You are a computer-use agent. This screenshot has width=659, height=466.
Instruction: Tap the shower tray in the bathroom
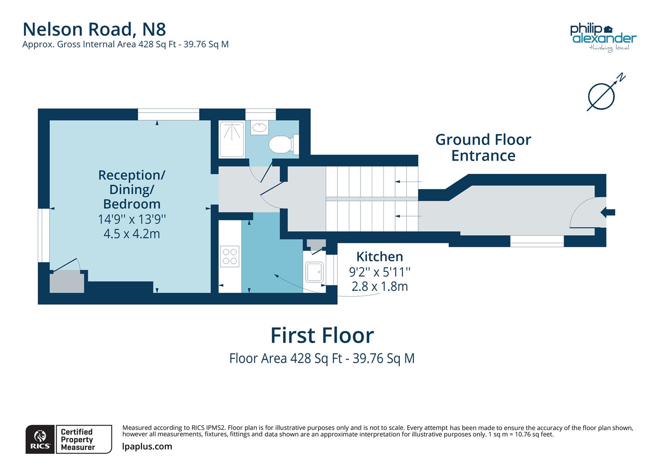pyautogui.click(x=232, y=139)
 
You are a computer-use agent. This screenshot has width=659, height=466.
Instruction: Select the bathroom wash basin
pyautogui.click(x=259, y=128)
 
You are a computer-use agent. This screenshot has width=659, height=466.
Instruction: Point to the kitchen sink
pyautogui.click(x=314, y=272)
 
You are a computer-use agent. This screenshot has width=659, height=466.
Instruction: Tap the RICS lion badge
pyautogui.click(x=40, y=439)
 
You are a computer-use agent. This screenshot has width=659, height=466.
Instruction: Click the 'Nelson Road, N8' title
pyautogui.click(x=94, y=29)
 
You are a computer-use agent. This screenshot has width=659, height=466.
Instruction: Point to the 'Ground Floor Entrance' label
pyautogui.click(x=483, y=148)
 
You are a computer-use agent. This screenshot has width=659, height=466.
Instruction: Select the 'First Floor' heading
pyautogui.click(x=322, y=336)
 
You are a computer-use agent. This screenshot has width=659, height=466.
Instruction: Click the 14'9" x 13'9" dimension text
pyautogui.click(x=132, y=219)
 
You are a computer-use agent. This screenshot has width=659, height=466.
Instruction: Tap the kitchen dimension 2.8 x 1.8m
pyautogui.click(x=380, y=287)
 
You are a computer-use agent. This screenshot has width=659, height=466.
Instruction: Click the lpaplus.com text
pyautogui.click(x=147, y=447)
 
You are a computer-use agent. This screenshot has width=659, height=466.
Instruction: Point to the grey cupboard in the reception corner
pyautogui.click(x=67, y=282)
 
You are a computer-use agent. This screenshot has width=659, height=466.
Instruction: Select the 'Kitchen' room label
pyautogui.click(x=380, y=257)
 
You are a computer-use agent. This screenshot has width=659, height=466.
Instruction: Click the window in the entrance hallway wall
pyautogui.click(x=537, y=241)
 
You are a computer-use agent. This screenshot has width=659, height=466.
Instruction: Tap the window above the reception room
pyautogui.click(x=169, y=114)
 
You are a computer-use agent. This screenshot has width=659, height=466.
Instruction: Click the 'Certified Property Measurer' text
pyautogui.click(x=77, y=439)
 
